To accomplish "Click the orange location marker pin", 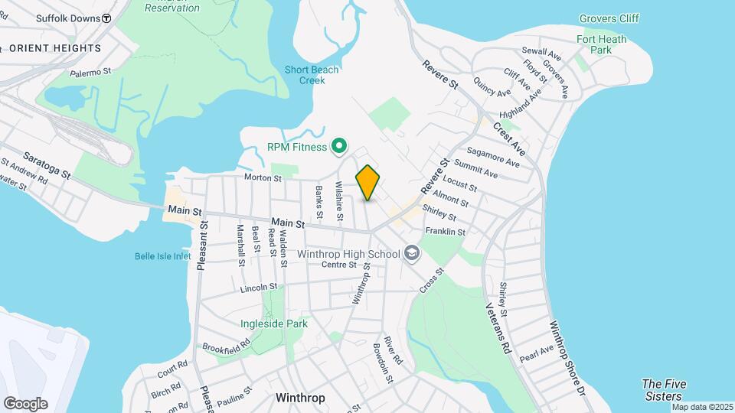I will point(368,182).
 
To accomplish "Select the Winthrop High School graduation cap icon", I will point(412,253).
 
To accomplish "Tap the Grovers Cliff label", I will point(609,18).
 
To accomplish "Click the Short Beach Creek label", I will point(312,75).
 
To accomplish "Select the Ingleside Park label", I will point(274,324).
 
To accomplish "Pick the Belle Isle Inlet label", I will point(162,256).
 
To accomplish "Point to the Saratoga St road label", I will point(47,164).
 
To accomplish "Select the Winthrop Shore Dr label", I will point(567,357).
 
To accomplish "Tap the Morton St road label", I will point(263,178).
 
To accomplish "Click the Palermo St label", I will point(91,73).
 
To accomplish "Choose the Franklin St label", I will point(446,231).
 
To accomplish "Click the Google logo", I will point(25,404).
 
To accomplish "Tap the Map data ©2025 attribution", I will point(701,407).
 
